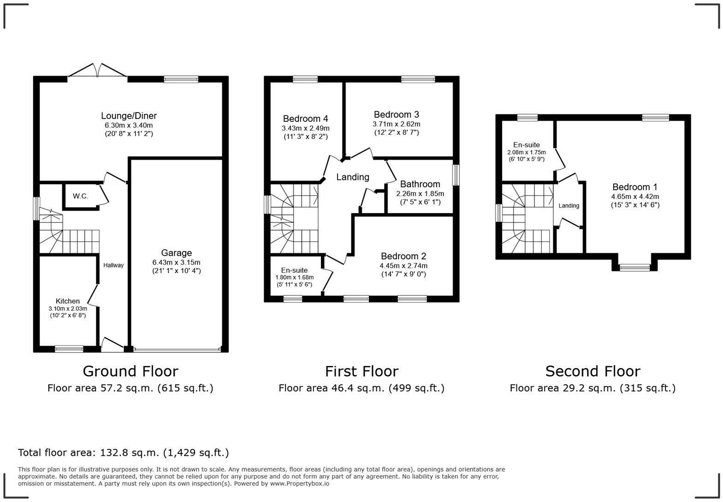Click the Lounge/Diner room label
pos(129,116)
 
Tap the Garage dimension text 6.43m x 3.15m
pos(176,262)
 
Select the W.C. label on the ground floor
pos(80,196)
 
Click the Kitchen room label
pos(68,301)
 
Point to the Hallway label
pos(113,265)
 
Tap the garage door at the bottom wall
pos(177,350)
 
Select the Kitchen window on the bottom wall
pos(69,349)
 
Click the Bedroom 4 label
pos(305,119)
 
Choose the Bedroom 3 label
pos(396,114)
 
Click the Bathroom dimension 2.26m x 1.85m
pos(420,194)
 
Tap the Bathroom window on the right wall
pos(456,175)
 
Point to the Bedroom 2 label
pos(403,256)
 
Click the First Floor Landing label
pos(352,177)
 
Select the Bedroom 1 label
pos(634,187)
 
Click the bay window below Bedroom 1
pos(634,267)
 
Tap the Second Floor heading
pos(593,371)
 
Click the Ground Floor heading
pos(130,371)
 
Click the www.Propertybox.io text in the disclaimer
pos(299,484)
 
